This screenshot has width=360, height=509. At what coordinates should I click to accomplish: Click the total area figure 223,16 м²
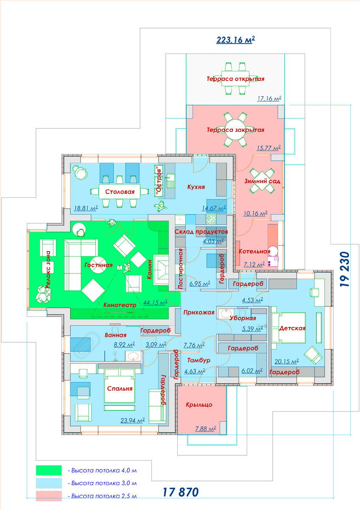pos(235,39)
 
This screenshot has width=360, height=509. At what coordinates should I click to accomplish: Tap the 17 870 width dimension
pos(181,492)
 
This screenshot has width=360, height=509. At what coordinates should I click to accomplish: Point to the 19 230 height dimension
pos(345,269)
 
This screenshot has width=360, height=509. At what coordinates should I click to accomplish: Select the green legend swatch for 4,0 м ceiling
pos(49,470)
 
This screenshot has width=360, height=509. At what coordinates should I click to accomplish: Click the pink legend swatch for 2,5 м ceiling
pos(49,496)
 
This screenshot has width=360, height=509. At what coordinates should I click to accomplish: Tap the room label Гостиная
pos(98,265)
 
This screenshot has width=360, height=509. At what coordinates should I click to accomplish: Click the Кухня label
pos(196,187)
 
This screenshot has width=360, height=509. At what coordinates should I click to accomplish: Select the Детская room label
pos(292,328)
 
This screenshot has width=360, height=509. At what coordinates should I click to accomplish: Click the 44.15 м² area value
pos(155,302)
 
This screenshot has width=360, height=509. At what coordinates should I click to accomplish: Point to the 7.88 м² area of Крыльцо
pos(206,428)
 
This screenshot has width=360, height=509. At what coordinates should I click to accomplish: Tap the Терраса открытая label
pos(235,79)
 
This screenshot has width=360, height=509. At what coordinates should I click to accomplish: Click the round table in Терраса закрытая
pos(235,129)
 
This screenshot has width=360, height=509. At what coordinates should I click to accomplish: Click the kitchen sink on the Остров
pos(170,181)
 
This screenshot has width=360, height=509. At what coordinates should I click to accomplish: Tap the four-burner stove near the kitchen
pos(211,220)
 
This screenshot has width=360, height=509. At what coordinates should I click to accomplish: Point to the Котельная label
pos(254,252)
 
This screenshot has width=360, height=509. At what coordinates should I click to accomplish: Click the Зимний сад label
pos(262,181)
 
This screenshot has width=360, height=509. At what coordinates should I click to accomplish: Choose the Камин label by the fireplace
pos(149,269)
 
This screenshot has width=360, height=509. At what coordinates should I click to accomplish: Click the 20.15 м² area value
pos(287,361)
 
